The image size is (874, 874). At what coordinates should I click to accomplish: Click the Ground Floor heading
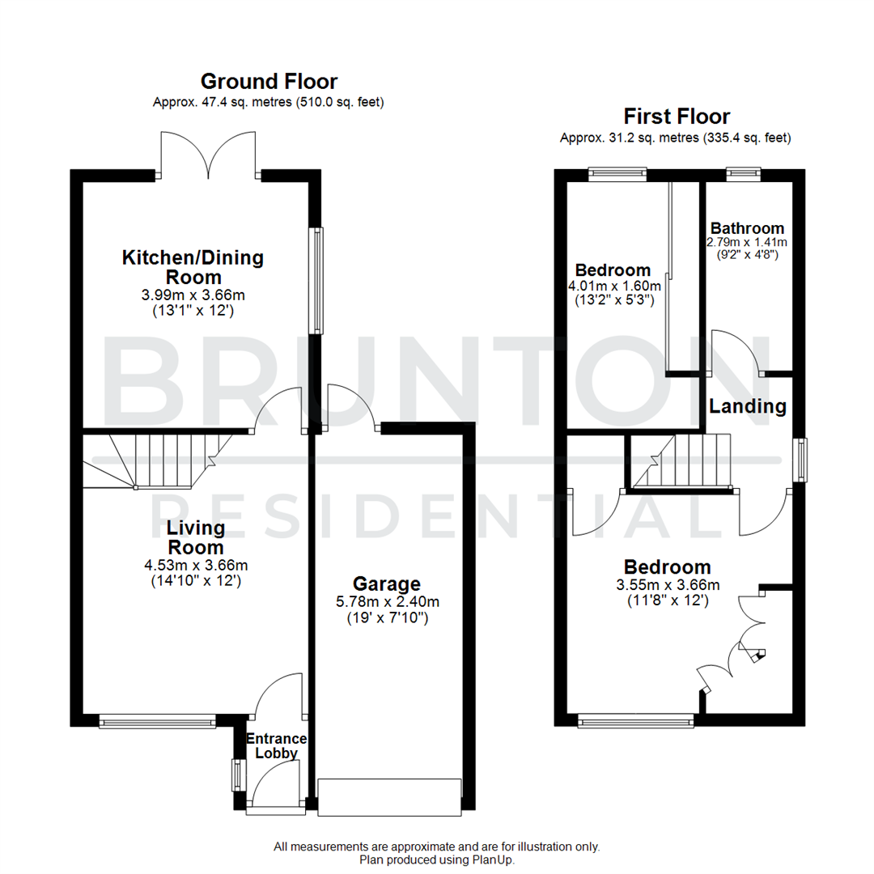tap(269, 81)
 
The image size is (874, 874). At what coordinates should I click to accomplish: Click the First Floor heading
tap(675, 117)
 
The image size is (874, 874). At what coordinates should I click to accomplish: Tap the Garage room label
tap(387, 583)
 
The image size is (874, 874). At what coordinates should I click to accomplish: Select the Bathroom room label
tap(747, 228)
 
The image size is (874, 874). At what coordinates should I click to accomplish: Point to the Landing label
tap(748, 406)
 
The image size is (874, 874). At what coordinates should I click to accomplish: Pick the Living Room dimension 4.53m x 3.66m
tap(196, 565)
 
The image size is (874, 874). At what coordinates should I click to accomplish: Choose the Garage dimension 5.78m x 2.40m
tap(387, 602)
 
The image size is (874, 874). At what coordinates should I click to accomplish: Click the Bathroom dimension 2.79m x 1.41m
tap(747, 242)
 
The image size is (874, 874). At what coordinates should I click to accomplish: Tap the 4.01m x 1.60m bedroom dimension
tap(613, 286)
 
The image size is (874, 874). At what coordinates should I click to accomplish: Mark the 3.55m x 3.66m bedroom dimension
tap(668, 585)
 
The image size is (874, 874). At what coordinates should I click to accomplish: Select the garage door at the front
tap(390, 797)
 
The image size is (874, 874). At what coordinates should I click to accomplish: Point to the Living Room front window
tap(158, 720)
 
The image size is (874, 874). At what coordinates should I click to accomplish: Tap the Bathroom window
tap(743, 172)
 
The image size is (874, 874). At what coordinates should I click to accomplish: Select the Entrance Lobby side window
tap(238, 775)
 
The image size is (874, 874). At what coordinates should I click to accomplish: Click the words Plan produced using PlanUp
tap(437, 860)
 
